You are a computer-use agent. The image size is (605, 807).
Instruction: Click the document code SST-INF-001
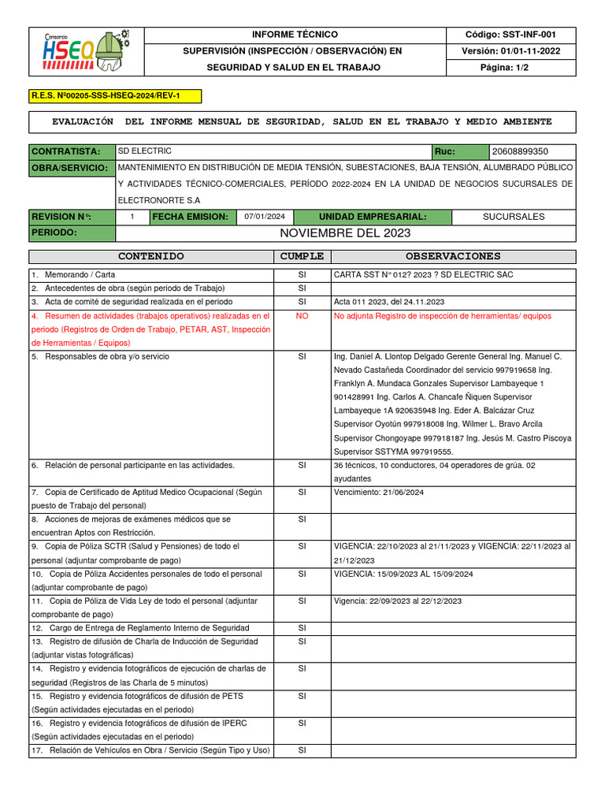(521, 35)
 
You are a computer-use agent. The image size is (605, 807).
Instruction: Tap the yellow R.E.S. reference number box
(115, 96)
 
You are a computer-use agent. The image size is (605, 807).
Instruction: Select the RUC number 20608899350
(520, 151)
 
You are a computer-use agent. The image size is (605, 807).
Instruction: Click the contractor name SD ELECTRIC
(145, 151)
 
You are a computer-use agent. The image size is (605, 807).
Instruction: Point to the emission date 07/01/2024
(265, 217)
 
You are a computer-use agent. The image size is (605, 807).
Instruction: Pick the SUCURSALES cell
(513, 217)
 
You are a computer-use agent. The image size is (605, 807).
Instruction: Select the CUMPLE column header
(302, 256)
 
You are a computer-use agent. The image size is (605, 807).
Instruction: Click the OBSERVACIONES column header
(453, 256)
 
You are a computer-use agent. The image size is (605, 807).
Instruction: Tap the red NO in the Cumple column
(302, 316)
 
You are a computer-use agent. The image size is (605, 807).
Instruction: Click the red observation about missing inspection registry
(443, 316)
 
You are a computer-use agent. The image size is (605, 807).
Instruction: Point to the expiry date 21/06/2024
(379, 492)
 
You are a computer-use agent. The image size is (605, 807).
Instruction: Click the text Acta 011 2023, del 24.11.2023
(389, 302)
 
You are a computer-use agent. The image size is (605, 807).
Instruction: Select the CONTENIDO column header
(150, 256)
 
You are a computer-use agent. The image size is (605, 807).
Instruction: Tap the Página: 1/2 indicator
(521, 68)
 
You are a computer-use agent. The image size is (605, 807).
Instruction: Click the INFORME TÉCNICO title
(295, 35)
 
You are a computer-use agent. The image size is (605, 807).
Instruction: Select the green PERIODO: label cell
(72, 233)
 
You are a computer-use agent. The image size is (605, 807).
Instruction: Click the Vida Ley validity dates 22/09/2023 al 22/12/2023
(398, 601)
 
